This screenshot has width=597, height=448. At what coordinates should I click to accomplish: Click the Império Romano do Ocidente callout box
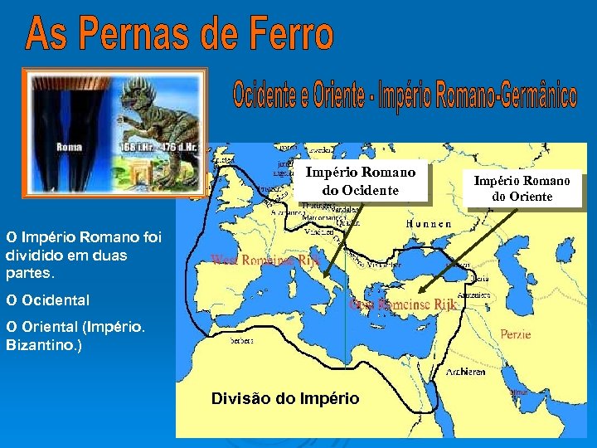[361, 182]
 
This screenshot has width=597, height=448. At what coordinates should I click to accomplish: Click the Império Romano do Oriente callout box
[522, 188]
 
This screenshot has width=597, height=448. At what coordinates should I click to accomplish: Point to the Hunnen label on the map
[429, 224]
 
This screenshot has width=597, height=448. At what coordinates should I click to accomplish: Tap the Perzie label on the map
[516, 334]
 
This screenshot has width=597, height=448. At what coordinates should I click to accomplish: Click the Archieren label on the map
[466, 373]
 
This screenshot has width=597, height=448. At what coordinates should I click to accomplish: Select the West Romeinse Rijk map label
[265, 261]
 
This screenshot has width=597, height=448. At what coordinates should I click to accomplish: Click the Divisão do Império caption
[285, 399]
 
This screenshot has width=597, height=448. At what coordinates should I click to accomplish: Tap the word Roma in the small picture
[69, 147]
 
